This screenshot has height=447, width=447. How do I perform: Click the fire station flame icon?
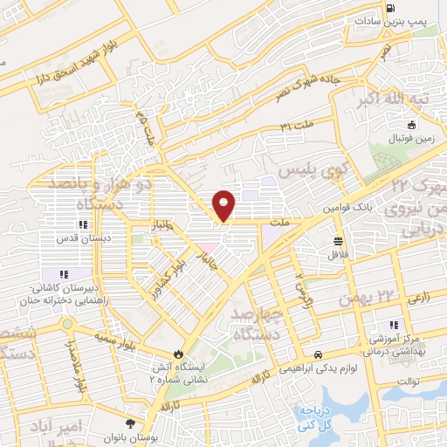pyautogui.click(x=179, y=354)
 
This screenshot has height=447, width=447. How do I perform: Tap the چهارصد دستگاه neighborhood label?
pyautogui.click(x=258, y=321)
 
